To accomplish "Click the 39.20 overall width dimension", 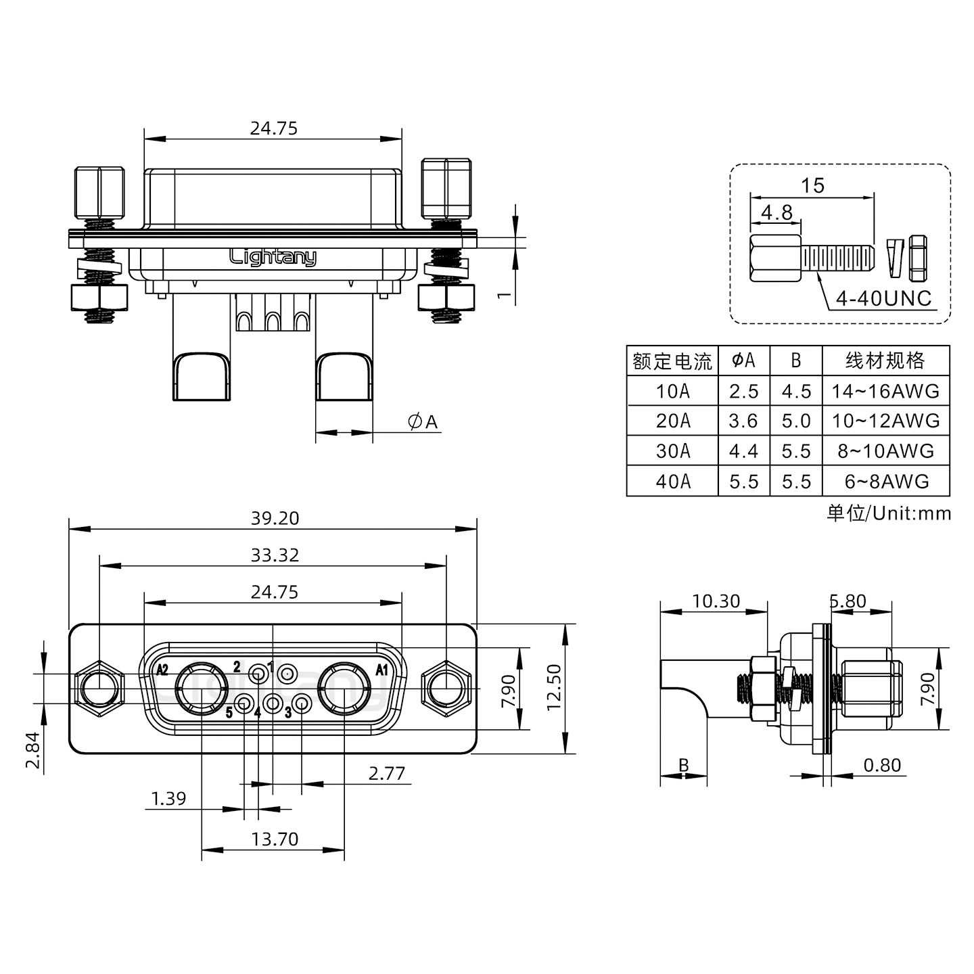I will coord(274,518).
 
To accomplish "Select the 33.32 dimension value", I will coord(274,555).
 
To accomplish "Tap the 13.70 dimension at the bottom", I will coord(274,839).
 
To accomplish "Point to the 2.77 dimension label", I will coord(386,774).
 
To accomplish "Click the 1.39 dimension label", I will coord(168,799).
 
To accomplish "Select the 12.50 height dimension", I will coord(553,688).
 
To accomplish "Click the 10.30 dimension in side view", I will coord(715,601).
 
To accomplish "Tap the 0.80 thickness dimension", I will coord(882,765).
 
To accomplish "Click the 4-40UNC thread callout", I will coord(883,298).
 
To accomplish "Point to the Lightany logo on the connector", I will coord(273,258).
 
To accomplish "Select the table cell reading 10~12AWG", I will coord(885,421).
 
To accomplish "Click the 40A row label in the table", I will coord(672,482).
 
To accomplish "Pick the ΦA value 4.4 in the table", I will coord(743,451).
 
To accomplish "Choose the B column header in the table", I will coord(795,361).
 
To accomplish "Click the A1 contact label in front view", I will coord(381,670).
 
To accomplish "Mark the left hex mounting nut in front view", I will coord(99,689).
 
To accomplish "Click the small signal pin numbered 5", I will coord(244,703).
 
